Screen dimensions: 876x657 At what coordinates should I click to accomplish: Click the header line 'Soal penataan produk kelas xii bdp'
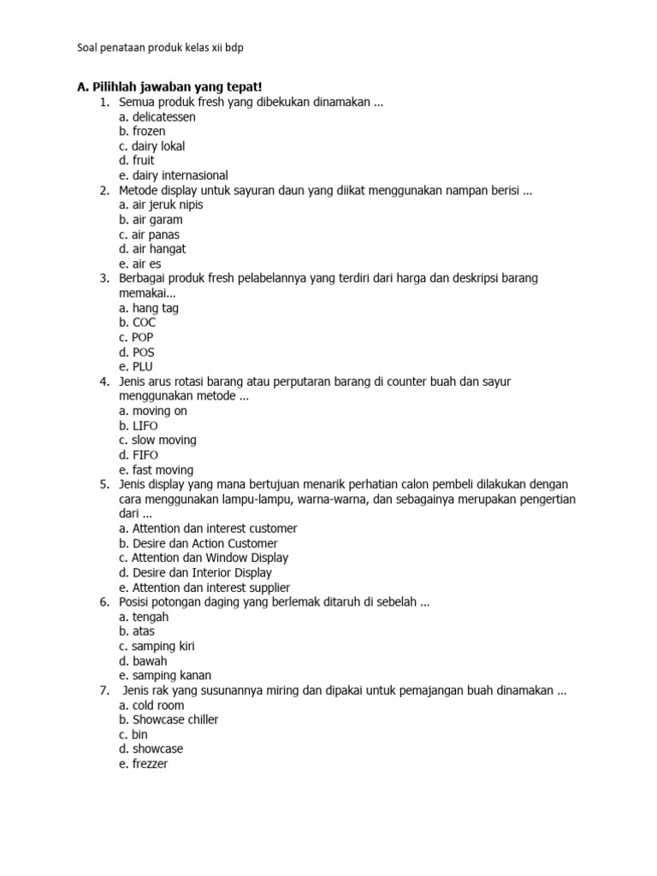159,48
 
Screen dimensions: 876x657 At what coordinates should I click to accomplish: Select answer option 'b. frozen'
143,131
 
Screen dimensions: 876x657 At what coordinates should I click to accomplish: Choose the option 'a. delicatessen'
157,116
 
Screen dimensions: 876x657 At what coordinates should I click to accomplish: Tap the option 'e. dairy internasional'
174,175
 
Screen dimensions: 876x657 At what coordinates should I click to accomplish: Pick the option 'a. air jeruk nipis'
162,204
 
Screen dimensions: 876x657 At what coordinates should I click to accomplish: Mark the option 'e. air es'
141,263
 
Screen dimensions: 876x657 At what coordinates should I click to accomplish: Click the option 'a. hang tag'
149,308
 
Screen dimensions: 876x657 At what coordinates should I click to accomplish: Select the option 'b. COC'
138,323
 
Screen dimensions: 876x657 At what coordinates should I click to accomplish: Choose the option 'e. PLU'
137,366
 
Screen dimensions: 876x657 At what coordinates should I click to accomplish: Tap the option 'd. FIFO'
139,454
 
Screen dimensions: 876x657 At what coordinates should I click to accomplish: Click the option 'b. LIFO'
139,425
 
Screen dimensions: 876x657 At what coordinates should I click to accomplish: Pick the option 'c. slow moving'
158,440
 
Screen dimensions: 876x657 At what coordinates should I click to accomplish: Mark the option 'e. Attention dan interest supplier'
204,587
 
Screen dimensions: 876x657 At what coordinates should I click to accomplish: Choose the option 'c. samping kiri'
157,646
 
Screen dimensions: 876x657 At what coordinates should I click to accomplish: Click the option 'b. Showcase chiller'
169,719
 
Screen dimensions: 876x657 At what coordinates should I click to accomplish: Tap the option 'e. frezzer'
144,764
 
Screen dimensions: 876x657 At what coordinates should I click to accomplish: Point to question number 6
104,602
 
